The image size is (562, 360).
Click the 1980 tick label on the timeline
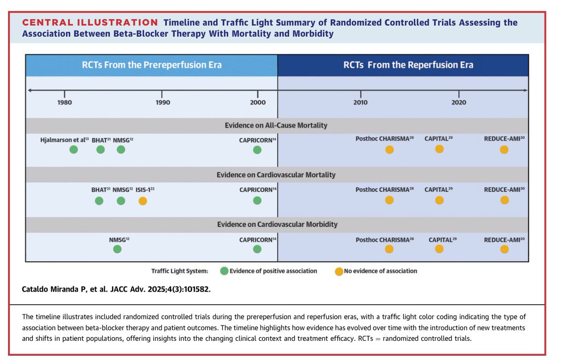(x=65, y=102)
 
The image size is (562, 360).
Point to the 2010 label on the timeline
(x=361, y=102)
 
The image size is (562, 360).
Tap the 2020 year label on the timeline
(x=459, y=102)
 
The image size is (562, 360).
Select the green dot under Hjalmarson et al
(x=73, y=150)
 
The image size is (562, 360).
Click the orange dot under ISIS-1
(x=143, y=201)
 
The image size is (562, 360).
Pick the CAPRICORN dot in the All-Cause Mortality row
(x=257, y=150)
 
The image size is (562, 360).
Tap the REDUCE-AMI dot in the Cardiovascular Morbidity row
(x=504, y=249)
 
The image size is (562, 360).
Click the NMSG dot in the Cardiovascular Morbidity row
(x=117, y=249)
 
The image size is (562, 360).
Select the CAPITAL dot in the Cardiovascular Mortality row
(x=439, y=200)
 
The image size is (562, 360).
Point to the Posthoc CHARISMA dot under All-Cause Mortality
(x=389, y=150)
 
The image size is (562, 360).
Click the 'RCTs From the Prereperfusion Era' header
(x=152, y=65)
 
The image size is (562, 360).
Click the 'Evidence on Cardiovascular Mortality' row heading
(x=276, y=175)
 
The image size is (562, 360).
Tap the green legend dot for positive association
(x=224, y=271)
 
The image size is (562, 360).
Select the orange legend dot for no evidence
(x=339, y=271)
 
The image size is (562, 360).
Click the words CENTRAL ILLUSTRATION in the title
(x=90, y=22)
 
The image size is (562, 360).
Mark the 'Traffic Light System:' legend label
(x=179, y=271)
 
